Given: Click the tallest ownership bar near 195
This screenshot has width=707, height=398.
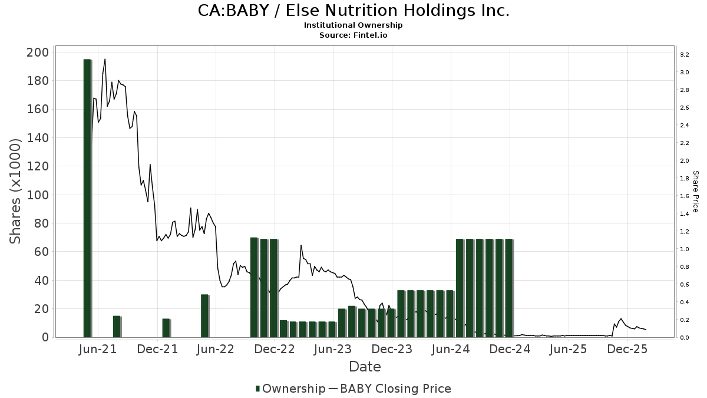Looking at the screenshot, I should tap(87, 198).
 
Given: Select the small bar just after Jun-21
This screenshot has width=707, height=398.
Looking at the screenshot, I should tap(117, 326).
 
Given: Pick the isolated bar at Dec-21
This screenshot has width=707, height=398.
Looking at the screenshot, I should tap(166, 328).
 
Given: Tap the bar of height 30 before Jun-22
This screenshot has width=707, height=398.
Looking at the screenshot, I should tap(204, 315).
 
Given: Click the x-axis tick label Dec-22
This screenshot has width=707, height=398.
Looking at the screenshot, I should tap(274, 349).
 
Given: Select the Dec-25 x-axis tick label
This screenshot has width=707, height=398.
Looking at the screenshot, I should tap(627, 349).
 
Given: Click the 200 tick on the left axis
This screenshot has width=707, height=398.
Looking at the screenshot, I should tap(38, 52).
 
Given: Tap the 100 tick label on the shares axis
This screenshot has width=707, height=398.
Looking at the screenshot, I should tap(38, 195).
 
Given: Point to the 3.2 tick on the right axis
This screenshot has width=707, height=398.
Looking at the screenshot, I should tap(684, 55).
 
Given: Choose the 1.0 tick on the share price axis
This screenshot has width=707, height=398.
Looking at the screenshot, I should tap(684, 249).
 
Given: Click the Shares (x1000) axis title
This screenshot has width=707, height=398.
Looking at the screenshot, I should tap(16, 191).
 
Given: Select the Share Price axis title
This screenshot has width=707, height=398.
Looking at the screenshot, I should tap(695, 192).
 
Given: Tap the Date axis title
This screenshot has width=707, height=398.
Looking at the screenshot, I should tap(365, 367).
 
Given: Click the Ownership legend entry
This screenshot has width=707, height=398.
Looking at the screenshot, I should tap(290, 389).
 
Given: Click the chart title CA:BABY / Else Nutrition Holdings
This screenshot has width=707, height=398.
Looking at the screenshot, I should tap(353, 11).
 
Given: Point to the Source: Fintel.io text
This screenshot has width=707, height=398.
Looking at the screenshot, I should tap(353, 35).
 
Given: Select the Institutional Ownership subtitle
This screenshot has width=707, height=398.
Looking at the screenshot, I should tap(353, 25).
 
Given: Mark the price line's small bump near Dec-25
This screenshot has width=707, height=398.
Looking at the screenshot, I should tap(620, 319).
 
